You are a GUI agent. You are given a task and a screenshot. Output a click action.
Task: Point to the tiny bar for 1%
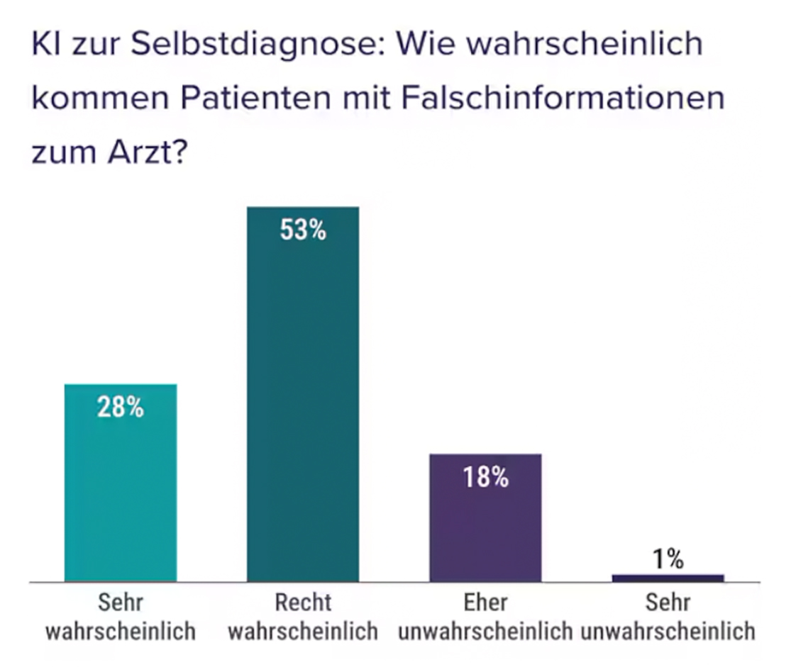point(668,578)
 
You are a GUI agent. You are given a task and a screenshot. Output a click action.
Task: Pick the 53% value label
point(303,230)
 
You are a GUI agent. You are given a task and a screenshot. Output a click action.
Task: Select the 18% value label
point(485,477)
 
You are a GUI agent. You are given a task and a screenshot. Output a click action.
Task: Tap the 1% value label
point(668,560)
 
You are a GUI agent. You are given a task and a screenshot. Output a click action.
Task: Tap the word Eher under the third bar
point(485,602)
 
